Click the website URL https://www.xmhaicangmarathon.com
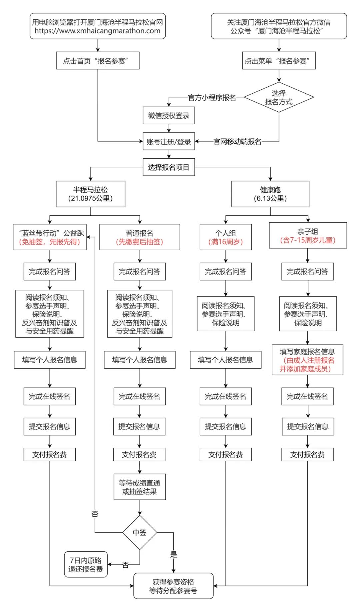pos(97,31)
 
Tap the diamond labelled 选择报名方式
pos(279,97)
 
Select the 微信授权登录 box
pos(169,116)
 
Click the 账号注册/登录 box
pos(169,142)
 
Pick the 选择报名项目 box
pos(169,167)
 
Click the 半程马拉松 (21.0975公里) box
pos(91,194)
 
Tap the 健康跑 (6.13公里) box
pos(270,194)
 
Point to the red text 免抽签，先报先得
pos(50,242)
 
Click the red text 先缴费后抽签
pos(139,242)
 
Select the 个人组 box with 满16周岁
pos(225,237)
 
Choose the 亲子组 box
pos(308,236)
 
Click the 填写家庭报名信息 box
pos(307,360)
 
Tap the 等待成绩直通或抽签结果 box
pos(139,487)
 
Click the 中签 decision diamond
pos(139,532)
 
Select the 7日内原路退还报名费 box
pos(86,565)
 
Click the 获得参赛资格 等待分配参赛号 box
pos(173,586)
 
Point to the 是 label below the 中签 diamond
pos(174,554)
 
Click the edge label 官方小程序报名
pos(212,98)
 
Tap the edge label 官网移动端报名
pos(237,142)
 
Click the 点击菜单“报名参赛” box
pos(279,61)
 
